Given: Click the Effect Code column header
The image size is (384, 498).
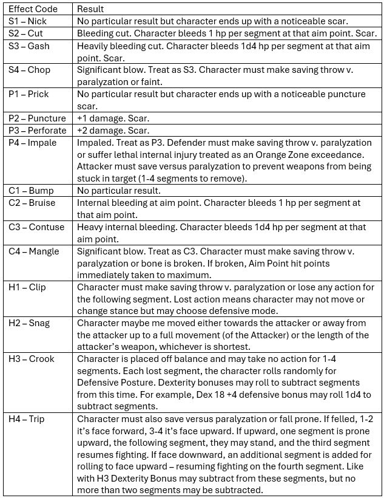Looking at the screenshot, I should (33, 9).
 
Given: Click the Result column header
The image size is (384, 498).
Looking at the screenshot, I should (90, 9).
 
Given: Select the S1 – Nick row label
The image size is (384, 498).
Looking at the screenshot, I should (27, 21).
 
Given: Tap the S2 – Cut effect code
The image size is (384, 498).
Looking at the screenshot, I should (26, 33).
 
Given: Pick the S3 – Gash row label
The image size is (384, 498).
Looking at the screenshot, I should (29, 46).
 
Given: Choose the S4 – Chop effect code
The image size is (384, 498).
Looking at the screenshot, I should (29, 70).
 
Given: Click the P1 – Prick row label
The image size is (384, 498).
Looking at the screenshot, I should (29, 94).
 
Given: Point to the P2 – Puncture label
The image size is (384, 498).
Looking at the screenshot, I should (36, 118).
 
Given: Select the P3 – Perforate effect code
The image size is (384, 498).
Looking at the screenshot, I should (38, 131).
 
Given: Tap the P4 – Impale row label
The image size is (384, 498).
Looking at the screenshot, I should (33, 143).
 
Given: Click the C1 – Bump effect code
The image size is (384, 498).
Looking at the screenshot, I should (30, 191).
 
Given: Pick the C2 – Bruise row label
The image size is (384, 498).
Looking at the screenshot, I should (32, 203).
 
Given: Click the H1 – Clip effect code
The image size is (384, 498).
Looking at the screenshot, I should (27, 287).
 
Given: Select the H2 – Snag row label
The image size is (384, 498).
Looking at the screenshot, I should (30, 322).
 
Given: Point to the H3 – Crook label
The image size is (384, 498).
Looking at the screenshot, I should (32, 359).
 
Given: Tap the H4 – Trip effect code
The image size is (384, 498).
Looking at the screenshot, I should (27, 419).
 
